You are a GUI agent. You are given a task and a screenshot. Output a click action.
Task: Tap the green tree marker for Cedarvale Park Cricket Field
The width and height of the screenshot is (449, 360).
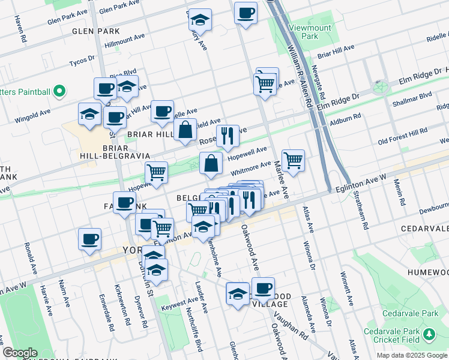[x=429, y=333]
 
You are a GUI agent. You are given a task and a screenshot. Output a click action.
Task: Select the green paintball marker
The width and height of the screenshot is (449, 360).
[x=59, y=91]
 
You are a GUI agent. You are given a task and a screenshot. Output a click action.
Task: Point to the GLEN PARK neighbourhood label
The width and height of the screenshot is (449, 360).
[x=95, y=31]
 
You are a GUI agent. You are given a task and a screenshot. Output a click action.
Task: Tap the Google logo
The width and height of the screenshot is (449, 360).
[x=20, y=353]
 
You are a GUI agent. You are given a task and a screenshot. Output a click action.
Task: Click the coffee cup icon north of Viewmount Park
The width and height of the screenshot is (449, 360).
[x=245, y=13]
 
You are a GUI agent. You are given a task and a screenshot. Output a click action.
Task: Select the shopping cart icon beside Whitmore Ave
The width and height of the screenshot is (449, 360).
[x=293, y=160]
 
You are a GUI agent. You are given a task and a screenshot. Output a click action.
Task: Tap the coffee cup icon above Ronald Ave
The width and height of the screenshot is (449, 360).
[x=89, y=239]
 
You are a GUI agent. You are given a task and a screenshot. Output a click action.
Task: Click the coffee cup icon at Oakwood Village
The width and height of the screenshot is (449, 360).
[x=263, y=287]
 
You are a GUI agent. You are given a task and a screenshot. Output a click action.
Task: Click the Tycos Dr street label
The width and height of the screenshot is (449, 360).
[x=82, y=62]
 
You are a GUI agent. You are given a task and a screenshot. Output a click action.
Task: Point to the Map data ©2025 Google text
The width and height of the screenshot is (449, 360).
[x=411, y=355]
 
